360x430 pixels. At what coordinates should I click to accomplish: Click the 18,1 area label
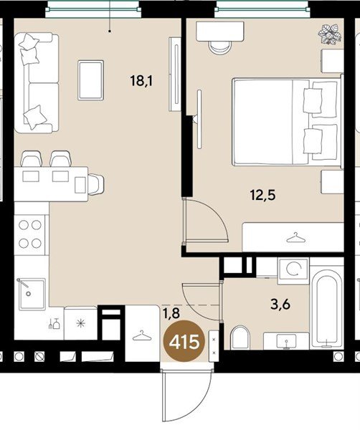tap(141, 81)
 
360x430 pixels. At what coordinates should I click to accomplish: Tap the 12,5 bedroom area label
tap(262, 196)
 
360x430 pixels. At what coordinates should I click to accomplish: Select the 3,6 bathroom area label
tap(280, 305)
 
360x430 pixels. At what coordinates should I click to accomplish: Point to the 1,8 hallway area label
tap(171, 313)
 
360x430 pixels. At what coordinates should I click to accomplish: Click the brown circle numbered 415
tap(184, 342)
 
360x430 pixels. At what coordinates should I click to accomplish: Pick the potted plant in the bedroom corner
tap(330, 34)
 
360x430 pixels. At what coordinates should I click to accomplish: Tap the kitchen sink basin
tap(32, 295)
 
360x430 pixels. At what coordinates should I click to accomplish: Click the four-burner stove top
tap(29, 234)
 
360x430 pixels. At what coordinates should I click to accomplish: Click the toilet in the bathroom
tap(240, 338)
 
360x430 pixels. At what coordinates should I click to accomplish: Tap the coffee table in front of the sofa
tap(91, 80)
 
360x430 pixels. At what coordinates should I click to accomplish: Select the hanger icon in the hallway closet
tap(142, 335)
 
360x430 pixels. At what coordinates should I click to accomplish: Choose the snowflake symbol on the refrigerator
tap(80, 324)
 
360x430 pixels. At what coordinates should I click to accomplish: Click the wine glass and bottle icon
tap(55, 323)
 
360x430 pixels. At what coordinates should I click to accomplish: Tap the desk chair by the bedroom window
tap(220, 47)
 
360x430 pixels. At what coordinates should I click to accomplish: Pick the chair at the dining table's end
tap(96, 184)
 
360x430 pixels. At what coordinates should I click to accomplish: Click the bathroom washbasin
tap(286, 341)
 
